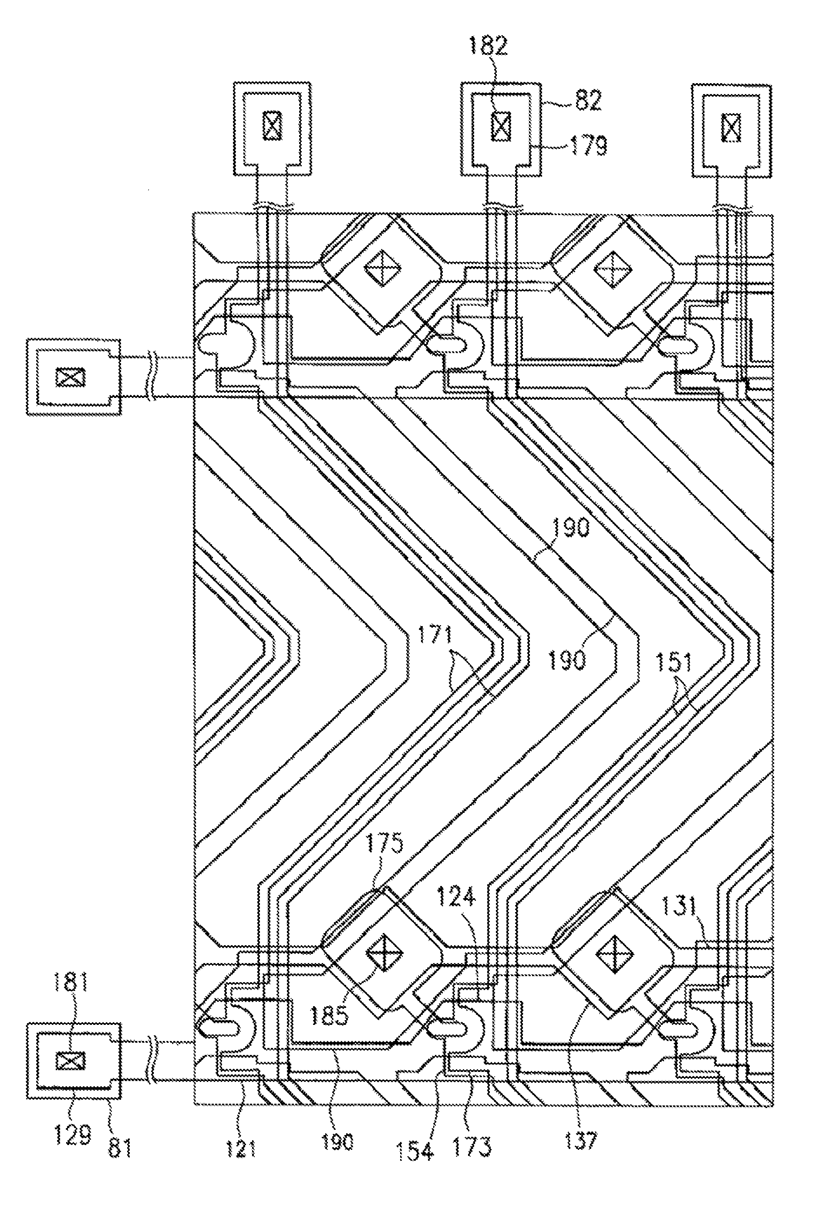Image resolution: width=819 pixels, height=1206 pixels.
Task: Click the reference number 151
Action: (x=675, y=663)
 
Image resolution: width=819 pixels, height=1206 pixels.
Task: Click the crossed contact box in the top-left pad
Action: (x=273, y=125)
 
